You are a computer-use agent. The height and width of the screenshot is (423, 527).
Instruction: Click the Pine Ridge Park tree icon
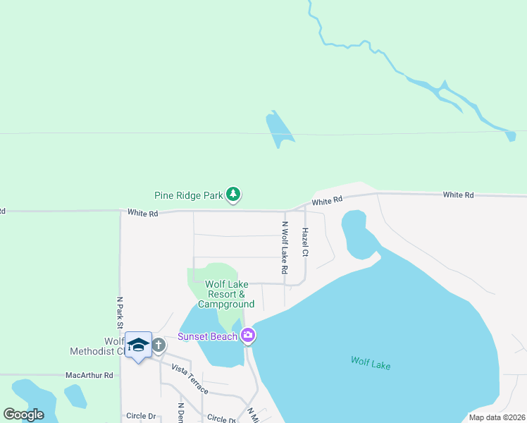(x=233, y=195)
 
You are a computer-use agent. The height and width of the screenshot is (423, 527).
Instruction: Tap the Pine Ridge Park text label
(x=189, y=195)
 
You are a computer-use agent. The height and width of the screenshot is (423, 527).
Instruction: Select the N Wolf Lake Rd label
(x=285, y=248)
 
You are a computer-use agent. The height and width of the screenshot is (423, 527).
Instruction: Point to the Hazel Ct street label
(x=305, y=242)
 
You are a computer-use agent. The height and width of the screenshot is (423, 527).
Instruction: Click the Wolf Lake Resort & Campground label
(x=225, y=294)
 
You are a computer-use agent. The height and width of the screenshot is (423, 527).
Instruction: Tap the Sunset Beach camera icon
(x=247, y=335)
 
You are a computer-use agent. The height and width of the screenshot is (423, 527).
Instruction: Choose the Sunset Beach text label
(x=207, y=336)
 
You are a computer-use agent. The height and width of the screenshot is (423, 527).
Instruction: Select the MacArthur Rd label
(x=89, y=376)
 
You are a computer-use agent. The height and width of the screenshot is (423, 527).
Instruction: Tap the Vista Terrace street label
(x=190, y=380)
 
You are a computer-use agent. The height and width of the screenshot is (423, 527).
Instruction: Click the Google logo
(x=24, y=414)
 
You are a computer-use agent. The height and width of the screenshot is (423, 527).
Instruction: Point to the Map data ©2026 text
(x=496, y=417)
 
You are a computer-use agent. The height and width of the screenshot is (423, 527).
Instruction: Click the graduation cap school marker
(x=138, y=345)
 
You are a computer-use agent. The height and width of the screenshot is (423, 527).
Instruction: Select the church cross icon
(x=159, y=345)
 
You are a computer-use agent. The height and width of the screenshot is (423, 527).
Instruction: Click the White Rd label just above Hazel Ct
(x=326, y=202)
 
